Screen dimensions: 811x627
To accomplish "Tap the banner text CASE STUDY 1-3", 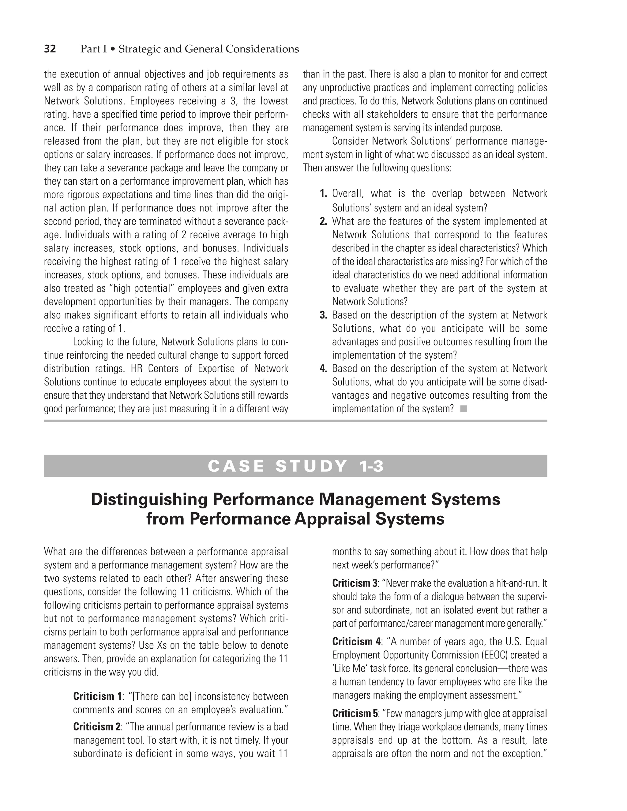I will click(x=295, y=466).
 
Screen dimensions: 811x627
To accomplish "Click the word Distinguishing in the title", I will click(x=149, y=500).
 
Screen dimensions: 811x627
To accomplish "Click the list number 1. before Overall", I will click(x=323, y=194).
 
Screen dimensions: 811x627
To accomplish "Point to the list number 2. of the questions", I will click(x=323, y=221).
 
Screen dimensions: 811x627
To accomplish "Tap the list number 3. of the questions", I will click(x=323, y=315).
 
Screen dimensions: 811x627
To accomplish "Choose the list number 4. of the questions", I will click(x=323, y=368).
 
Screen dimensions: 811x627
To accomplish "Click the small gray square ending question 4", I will click(x=463, y=409).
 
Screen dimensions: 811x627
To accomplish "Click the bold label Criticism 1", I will click(x=97, y=696).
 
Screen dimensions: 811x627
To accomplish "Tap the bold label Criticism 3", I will click(x=355, y=583).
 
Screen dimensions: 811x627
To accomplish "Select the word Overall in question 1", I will click(x=346, y=194).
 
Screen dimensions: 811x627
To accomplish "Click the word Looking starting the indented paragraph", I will click(x=88, y=341).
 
